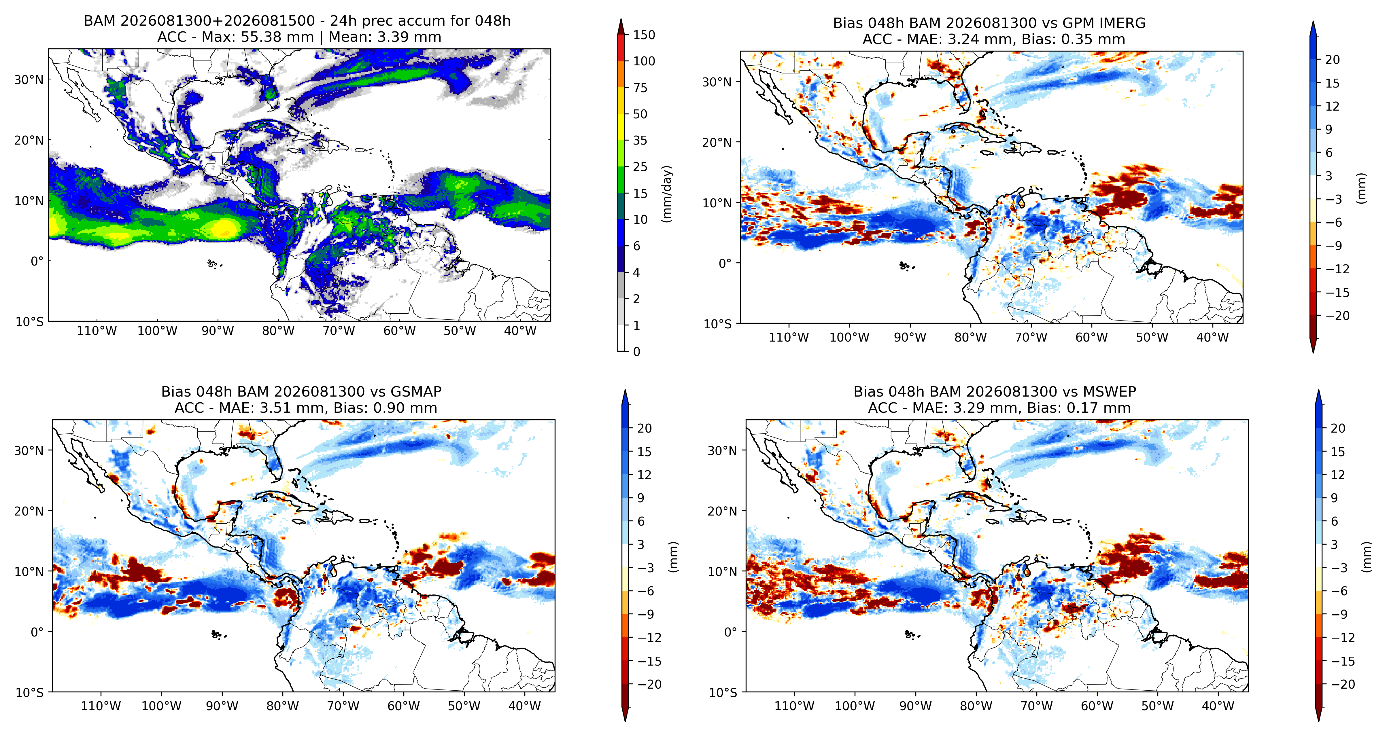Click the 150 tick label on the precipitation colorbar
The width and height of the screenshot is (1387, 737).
click(x=644, y=35)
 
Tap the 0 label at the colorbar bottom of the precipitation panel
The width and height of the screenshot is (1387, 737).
click(x=636, y=352)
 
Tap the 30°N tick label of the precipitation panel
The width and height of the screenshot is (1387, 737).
click(x=29, y=80)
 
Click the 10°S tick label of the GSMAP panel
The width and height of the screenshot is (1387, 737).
click(x=30, y=692)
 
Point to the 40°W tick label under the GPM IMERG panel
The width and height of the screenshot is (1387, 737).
click(x=1213, y=338)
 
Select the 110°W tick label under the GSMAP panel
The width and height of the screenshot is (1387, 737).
click(x=101, y=706)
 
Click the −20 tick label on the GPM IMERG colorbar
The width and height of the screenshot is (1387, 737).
click(x=1337, y=315)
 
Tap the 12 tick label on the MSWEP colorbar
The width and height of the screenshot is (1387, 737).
click(x=1337, y=475)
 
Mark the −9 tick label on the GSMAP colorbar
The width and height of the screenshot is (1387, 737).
click(x=646, y=614)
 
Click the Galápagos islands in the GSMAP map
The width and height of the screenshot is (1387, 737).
click(x=217, y=635)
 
